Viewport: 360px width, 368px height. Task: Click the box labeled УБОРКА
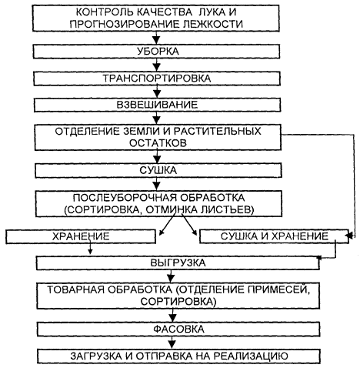[x=156, y=52]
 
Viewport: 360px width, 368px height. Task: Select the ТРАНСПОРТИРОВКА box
[x=157, y=79]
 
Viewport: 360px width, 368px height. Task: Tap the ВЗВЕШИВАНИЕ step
[x=157, y=105]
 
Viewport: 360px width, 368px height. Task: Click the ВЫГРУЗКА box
[x=178, y=263]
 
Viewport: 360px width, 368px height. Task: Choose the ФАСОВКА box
[x=178, y=330]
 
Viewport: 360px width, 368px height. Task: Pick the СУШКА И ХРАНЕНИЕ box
[x=274, y=236]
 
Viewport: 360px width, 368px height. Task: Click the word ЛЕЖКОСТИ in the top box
[x=213, y=24]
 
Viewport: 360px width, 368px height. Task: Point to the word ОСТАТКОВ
[x=158, y=143]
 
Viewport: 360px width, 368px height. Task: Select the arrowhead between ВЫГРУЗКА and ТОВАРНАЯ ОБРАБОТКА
[x=171, y=278]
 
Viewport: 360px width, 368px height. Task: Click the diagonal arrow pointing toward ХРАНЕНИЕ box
[x=167, y=224]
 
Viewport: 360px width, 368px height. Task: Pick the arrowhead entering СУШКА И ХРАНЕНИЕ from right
[x=350, y=236]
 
